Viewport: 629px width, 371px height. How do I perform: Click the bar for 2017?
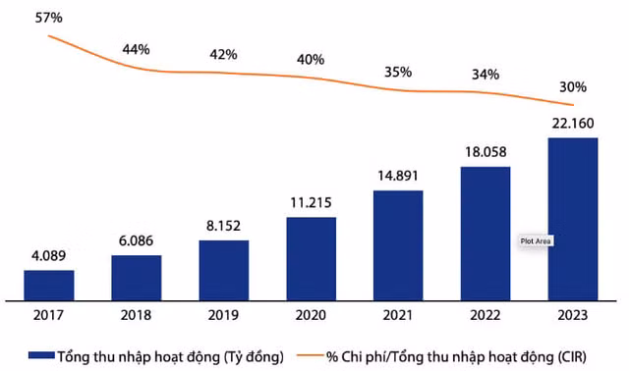click(49, 285)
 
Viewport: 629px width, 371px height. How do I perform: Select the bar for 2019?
click(224, 270)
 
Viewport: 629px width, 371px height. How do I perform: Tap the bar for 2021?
click(398, 244)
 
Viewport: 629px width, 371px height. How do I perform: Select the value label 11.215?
click(311, 204)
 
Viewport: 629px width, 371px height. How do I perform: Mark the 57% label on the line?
click(49, 17)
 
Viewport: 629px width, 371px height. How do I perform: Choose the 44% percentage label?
click(137, 49)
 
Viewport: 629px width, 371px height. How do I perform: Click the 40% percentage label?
click(311, 59)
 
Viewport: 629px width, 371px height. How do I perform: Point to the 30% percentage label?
click(573, 84)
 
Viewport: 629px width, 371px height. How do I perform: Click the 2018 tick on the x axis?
click(137, 315)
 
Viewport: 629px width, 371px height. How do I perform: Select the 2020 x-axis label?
click(311, 315)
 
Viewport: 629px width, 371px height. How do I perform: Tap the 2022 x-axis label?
click(486, 315)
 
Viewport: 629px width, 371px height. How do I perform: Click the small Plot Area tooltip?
click(537, 240)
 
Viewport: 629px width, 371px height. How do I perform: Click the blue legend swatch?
click(40, 354)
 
